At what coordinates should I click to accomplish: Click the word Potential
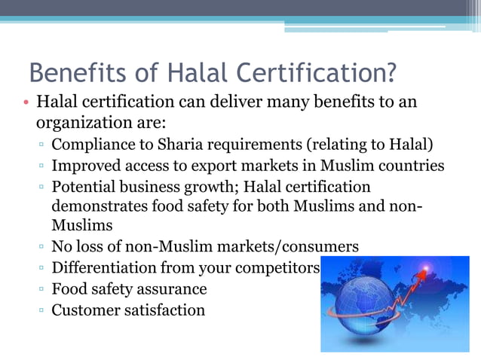tap(86, 185)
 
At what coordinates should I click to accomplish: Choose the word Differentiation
tap(104, 267)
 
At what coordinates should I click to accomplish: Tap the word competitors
tap(280, 267)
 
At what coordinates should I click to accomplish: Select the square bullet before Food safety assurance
tap(41, 289)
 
